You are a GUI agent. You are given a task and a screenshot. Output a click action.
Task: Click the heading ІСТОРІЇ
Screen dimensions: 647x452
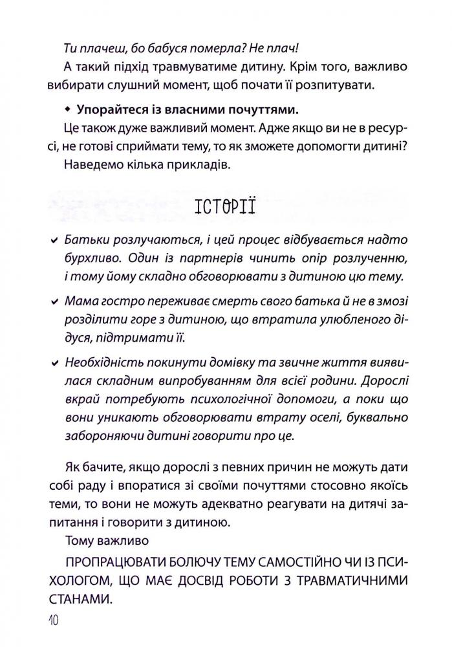(x=224, y=208)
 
